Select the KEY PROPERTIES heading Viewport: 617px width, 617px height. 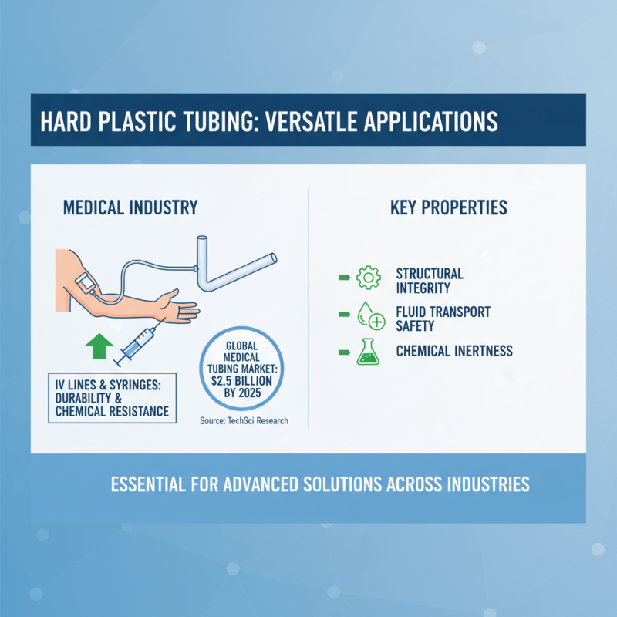448,207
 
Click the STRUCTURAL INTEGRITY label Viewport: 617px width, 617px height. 429,281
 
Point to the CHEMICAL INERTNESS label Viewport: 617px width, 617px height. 454,352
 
